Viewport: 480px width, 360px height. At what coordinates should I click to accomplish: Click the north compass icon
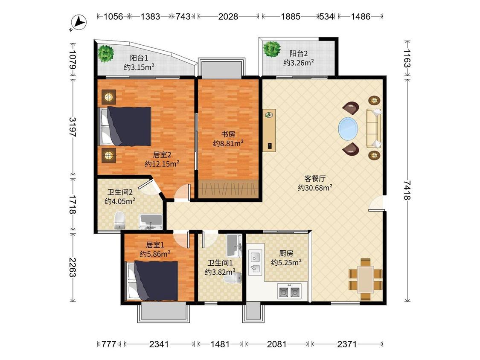[x=79, y=23]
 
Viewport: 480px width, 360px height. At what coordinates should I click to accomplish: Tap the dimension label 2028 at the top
[x=228, y=17]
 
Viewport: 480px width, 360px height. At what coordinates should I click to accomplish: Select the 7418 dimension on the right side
[x=407, y=190]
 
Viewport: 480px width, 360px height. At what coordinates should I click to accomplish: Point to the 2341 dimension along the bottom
[x=159, y=344]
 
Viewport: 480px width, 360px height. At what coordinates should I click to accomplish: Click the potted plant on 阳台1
[x=106, y=53]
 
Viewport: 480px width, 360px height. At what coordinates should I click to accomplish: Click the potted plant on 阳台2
[x=272, y=49]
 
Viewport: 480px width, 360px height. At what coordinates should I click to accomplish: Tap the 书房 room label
[x=228, y=134]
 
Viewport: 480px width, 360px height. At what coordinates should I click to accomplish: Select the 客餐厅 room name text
[x=315, y=178]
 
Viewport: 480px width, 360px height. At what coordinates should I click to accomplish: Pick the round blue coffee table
[x=348, y=128]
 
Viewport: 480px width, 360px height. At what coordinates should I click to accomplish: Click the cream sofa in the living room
[x=374, y=128]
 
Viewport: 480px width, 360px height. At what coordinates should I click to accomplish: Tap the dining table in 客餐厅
[x=365, y=279]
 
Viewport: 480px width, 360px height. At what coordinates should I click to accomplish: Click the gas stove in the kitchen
[x=289, y=291]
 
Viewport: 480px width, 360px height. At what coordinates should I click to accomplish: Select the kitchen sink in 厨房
[x=255, y=262]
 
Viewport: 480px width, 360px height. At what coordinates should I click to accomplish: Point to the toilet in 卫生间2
[x=120, y=220]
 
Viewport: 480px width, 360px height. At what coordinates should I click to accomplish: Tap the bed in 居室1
[x=152, y=281]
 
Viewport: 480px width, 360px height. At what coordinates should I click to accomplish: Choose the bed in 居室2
[x=124, y=126]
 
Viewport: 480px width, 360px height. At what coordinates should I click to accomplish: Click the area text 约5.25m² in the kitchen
[x=286, y=263]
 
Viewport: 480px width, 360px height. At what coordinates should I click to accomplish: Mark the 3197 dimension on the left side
[x=72, y=127]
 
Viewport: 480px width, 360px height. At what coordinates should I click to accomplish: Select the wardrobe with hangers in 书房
[x=228, y=189]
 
